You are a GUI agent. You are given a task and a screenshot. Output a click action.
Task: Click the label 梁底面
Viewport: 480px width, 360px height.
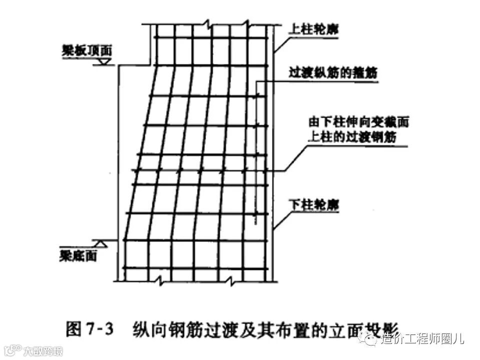[x=77, y=256]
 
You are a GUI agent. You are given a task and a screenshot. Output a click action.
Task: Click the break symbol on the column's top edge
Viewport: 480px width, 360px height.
[x=205, y=23]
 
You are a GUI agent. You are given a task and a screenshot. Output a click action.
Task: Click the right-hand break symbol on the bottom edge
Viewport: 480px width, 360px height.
[x=231, y=283]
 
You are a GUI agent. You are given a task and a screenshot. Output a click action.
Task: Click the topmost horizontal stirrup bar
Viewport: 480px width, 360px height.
[x=210, y=38]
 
